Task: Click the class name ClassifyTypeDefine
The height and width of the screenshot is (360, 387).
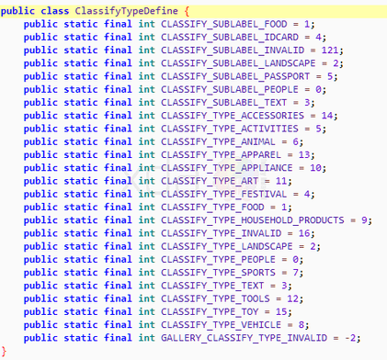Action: (126, 11)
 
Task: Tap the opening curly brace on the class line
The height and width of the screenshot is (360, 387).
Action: (187, 12)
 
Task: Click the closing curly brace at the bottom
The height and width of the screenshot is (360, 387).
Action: (4, 351)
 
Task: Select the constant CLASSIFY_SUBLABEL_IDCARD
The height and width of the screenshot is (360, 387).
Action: (230, 38)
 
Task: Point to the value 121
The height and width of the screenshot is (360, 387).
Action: (330, 51)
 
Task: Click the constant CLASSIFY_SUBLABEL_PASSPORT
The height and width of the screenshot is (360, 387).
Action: (235, 76)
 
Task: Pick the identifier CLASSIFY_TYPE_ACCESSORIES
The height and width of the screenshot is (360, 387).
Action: (233, 116)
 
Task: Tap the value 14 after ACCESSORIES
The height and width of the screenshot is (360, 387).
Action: (327, 116)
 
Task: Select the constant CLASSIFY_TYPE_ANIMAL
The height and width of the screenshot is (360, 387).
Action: (218, 141)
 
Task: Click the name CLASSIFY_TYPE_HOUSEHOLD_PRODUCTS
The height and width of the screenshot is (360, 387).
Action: (253, 220)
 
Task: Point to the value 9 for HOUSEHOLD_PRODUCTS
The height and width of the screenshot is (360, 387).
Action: (364, 220)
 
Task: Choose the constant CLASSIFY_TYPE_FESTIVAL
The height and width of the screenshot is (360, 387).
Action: (224, 194)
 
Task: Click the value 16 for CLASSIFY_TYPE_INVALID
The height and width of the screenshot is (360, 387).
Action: (304, 233)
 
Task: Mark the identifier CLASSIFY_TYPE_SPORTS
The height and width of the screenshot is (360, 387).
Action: (218, 273)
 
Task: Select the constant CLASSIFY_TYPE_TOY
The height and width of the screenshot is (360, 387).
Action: (210, 312)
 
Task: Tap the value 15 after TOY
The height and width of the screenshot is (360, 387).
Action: (281, 312)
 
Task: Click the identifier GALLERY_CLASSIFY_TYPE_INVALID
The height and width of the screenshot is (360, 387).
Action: (245, 338)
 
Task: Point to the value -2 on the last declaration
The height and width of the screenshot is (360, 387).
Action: (350, 338)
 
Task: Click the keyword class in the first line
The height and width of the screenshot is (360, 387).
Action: (55, 11)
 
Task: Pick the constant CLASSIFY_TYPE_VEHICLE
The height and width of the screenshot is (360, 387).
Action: (222, 325)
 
